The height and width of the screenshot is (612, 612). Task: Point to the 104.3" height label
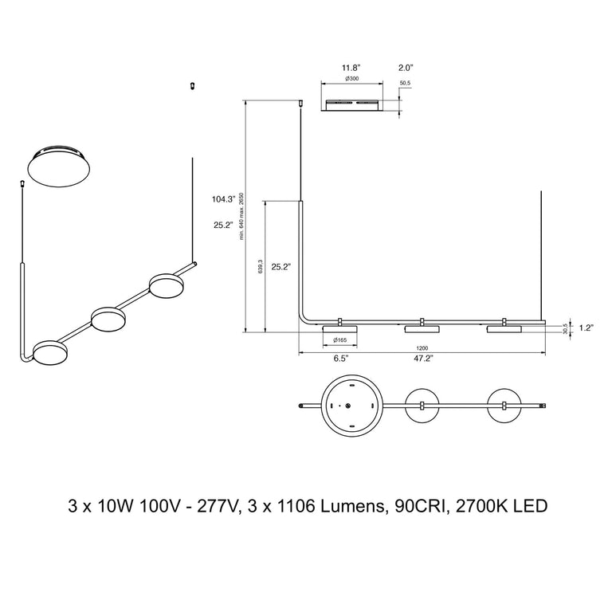click(x=225, y=199)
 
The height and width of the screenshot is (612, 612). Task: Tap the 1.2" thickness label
click(x=588, y=327)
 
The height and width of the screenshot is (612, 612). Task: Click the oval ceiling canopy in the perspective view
click(x=59, y=166)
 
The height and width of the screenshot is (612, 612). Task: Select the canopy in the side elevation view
click(x=351, y=104)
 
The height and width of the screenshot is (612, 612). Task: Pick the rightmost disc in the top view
click(x=504, y=406)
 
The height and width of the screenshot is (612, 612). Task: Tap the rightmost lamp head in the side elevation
click(x=504, y=328)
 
